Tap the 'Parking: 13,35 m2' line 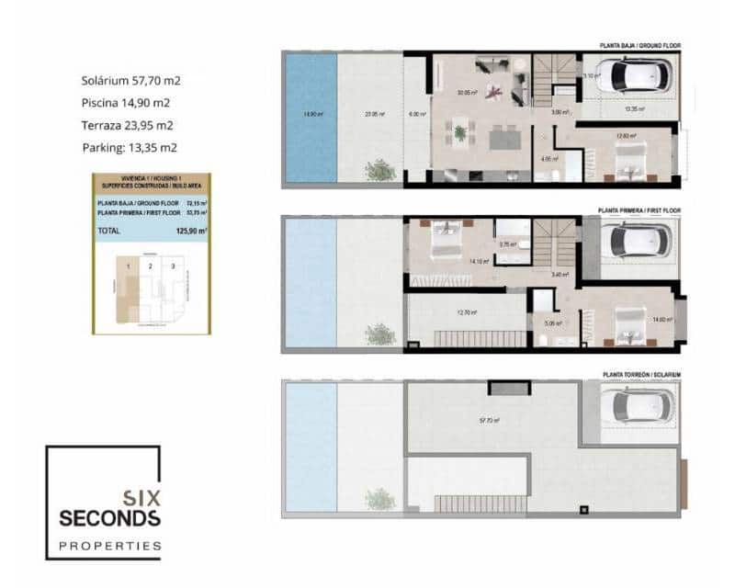coord(130,147)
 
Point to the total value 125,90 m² coord(191,232)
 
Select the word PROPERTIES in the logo coord(109,546)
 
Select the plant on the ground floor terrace coord(379,171)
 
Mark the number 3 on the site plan coord(170,266)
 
